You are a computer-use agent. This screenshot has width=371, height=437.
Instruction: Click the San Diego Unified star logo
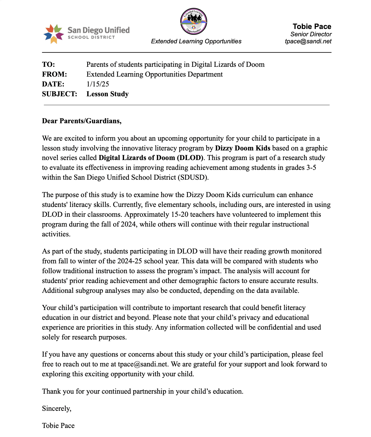click(54, 34)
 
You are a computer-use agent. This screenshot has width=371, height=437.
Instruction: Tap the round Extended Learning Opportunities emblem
click(194, 21)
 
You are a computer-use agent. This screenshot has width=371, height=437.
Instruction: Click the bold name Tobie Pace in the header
click(312, 26)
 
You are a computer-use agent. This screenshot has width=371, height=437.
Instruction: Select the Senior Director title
click(311, 34)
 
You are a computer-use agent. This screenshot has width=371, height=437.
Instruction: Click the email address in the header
click(308, 41)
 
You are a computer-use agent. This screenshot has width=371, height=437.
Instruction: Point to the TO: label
click(48, 65)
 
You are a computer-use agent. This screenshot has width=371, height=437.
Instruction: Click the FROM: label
click(54, 74)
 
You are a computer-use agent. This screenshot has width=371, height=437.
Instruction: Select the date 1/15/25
click(98, 84)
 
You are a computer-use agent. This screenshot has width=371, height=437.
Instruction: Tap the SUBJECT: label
click(59, 94)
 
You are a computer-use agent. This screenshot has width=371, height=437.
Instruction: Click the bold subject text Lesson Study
click(107, 94)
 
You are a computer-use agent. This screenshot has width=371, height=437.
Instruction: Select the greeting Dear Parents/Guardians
click(82, 121)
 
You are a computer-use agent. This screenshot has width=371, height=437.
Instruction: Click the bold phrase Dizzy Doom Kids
click(242, 148)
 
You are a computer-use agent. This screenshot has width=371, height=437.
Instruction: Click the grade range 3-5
click(311, 168)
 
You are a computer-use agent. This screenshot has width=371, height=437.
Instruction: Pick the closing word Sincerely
click(56, 409)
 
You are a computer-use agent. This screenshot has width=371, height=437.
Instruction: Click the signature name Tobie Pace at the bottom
click(58, 426)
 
